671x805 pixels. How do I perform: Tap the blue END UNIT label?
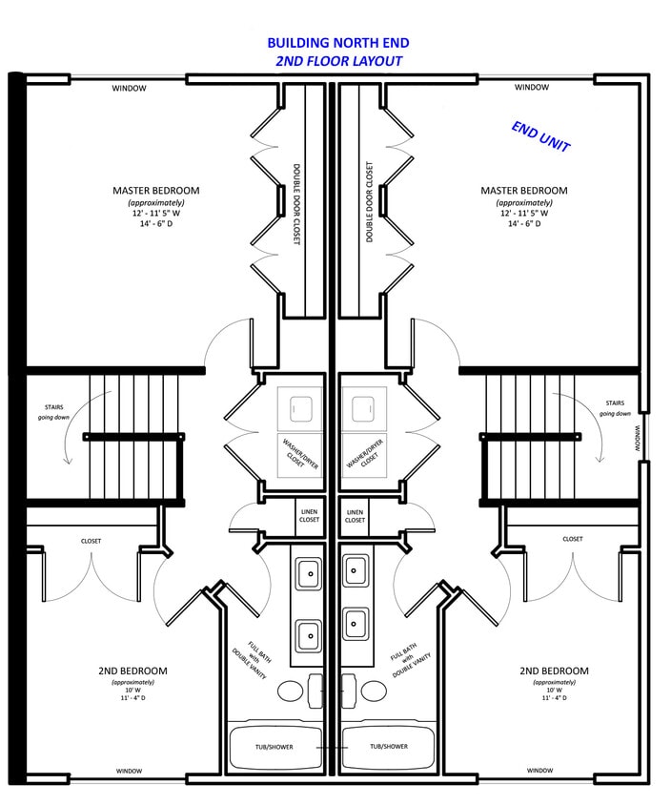point(540,137)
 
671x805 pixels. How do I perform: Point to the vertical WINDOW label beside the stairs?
point(638,438)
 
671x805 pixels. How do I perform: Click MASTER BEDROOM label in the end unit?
point(523,191)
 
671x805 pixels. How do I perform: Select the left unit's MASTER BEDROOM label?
point(156,191)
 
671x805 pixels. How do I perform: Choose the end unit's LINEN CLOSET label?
point(355,516)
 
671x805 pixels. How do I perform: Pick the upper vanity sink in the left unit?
point(308,573)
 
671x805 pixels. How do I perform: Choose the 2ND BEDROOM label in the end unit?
point(554,671)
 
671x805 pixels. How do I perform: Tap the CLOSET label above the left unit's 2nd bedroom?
point(91,541)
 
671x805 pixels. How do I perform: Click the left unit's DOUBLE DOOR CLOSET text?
point(296,203)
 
